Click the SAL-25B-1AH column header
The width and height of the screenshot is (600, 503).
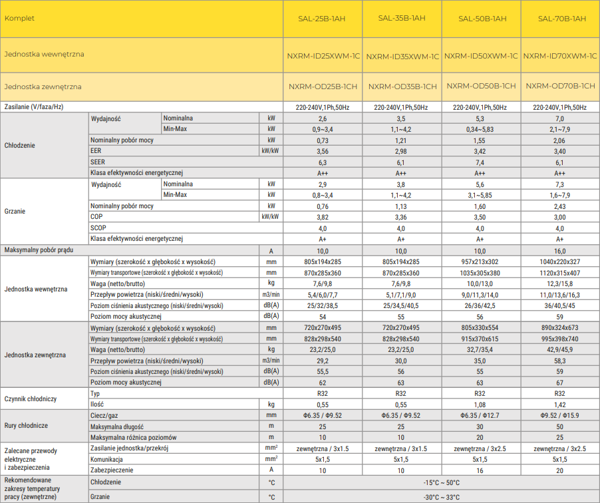[x=323, y=19]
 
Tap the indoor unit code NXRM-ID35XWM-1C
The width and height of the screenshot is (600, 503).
[x=402, y=57]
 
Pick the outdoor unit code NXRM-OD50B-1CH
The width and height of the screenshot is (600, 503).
[x=481, y=86]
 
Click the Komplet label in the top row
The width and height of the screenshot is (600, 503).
[x=19, y=19]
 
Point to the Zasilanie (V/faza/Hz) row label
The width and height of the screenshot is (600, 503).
[x=34, y=107]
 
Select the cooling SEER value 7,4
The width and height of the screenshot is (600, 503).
[x=480, y=162]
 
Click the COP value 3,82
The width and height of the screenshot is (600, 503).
[x=323, y=217]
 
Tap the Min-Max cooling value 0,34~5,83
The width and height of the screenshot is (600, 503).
[x=480, y=129]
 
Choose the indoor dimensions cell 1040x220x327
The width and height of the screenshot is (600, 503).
[x=560, y=261]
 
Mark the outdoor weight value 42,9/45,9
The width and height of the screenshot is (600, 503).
[x=560, y=349]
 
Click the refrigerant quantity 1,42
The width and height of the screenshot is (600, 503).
[x=560, y=404]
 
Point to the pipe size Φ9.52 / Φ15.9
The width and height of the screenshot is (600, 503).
[x=560, y=415]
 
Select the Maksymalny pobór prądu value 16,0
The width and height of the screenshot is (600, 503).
[x=560, y=250]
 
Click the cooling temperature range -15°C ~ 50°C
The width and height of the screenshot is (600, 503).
[x=441, y=482]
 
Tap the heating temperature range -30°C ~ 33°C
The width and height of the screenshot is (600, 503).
[x=441, y=497]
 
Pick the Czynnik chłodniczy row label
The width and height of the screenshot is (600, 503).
[x=31, y=399]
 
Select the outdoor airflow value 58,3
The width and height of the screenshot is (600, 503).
[x=560, y=360]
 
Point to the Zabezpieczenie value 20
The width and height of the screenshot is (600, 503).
[x=560, y=470]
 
